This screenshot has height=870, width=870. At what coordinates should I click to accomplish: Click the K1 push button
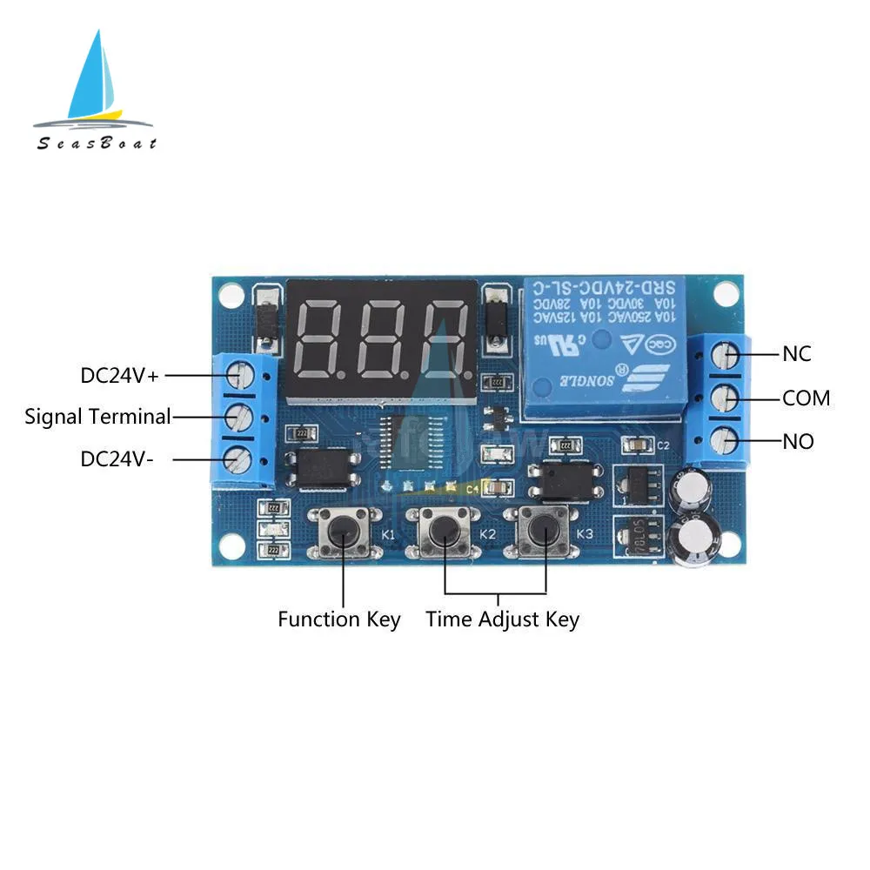(x=344, y=530)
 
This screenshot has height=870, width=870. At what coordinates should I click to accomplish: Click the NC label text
(x=796, y=354)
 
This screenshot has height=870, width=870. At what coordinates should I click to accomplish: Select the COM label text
(x=806, y=398)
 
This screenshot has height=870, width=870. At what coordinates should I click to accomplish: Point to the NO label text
(x=798, y=442)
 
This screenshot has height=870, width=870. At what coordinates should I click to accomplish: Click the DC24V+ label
(x=120, y=375)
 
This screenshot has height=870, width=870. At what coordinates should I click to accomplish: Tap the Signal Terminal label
(x=97, y=416)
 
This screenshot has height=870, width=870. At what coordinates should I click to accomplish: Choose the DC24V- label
(x=117, y=458)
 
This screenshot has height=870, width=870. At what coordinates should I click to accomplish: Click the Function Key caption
(x=338, y=619)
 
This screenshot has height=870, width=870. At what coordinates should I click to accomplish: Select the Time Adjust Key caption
(x=502, y=619)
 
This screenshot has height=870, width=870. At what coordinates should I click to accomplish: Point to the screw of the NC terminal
(x=726, y=354)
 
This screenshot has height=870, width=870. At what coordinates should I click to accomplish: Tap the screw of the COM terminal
(x=726, y=398)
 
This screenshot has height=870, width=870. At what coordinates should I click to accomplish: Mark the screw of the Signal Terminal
(x=238, y=417)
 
